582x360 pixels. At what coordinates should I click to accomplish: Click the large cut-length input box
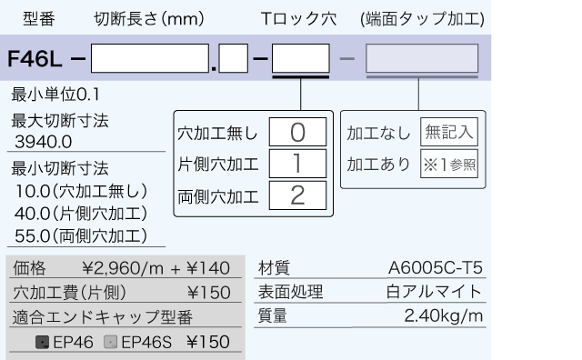pos(150,59)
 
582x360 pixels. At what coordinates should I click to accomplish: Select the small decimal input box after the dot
pos(234,59)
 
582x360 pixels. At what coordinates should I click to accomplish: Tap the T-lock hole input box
pos(301,59)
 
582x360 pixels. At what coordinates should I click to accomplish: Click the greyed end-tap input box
pos(422,59)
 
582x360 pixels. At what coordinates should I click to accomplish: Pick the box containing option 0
pos(297,133)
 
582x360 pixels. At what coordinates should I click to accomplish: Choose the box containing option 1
pos(297,164)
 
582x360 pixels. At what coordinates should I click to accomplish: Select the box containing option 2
pos(297,195)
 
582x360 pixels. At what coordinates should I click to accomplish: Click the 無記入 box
pos(449,133)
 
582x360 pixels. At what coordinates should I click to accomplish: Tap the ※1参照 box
pos(449,165)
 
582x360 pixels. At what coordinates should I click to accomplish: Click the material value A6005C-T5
pos(435,268)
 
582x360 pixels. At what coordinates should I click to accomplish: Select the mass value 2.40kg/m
pos(443,316)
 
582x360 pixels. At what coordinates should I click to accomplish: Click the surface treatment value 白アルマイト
pos(435,293)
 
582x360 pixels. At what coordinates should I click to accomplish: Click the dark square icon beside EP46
pos(41,343)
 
